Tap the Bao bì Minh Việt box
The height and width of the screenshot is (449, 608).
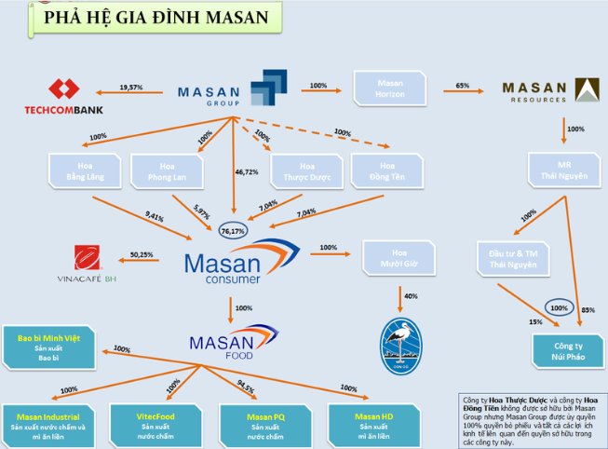[x=46, y=346]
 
